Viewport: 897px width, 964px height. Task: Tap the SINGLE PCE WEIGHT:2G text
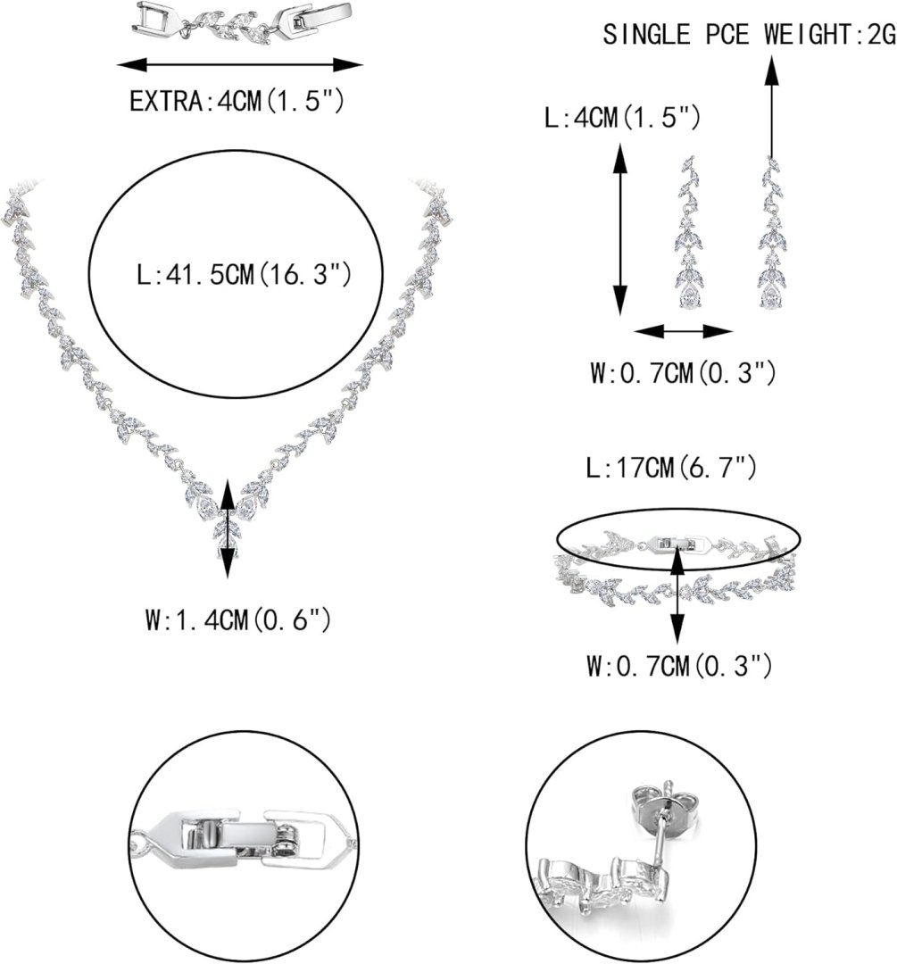coord(749,35)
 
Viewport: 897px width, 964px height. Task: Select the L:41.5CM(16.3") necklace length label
coord(244,274)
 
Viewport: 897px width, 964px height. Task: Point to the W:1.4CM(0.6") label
coord(238,619)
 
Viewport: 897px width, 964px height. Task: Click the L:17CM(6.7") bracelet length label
coord(671,469)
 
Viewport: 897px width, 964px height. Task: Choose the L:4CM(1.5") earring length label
coord(622,118)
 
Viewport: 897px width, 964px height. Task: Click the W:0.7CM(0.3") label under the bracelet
coord(679,665)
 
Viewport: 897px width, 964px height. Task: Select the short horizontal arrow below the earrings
coord(683,332)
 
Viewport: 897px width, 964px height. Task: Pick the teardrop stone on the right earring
coord(769,297)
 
